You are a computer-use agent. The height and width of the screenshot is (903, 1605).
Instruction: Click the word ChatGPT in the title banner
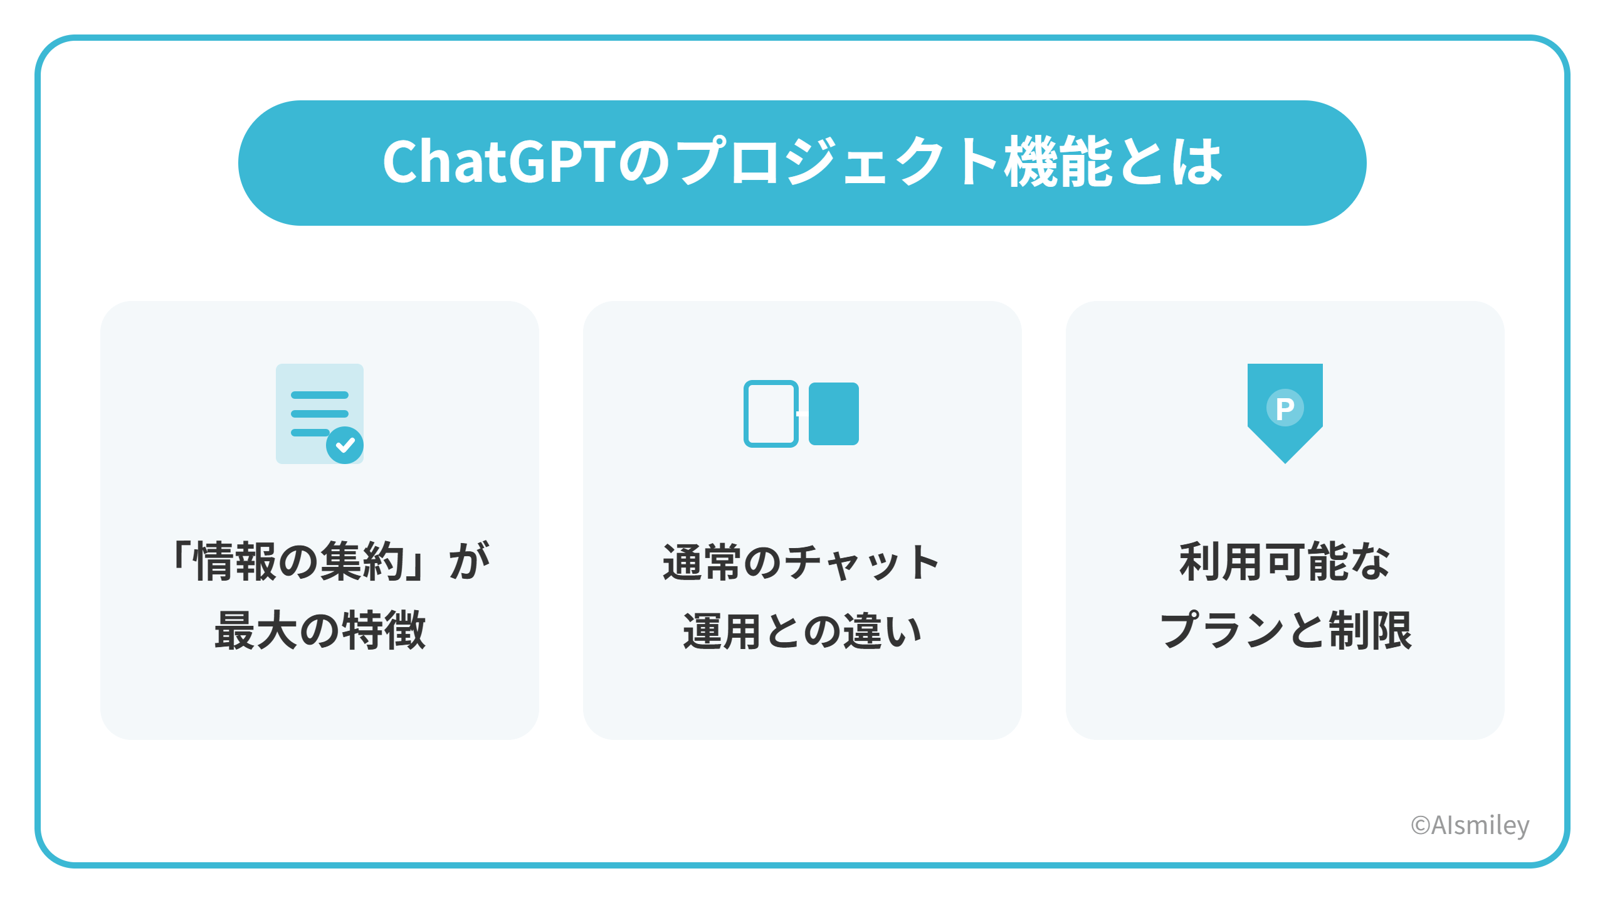tap(499, 162)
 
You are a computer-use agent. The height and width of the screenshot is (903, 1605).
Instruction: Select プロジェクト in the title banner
tap(838, 162)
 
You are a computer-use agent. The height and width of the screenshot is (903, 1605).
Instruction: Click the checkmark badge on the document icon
tap(345, 445)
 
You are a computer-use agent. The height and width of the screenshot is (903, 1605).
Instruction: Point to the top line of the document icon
tap(320, 395)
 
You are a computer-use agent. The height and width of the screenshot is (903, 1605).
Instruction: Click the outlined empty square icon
tap(771, 414)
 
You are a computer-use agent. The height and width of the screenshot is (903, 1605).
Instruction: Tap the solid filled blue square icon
tap(834, 414)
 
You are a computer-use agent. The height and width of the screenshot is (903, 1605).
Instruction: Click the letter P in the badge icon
tap(1285, 409)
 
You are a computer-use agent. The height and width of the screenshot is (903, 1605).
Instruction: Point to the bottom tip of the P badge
tap(1285, 463)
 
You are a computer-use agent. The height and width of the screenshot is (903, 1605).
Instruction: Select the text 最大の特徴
tap(320, 630)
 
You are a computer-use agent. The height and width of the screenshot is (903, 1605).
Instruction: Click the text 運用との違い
tap(802, 630)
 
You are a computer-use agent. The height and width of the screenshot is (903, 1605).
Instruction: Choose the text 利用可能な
tap(1285, 561)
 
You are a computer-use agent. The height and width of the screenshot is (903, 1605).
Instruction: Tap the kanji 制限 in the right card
tap(1371, 630)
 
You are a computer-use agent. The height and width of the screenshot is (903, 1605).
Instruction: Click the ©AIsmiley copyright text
tap(1470, 825)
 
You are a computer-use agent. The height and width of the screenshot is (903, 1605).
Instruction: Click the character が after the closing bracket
tap(469, 561)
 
